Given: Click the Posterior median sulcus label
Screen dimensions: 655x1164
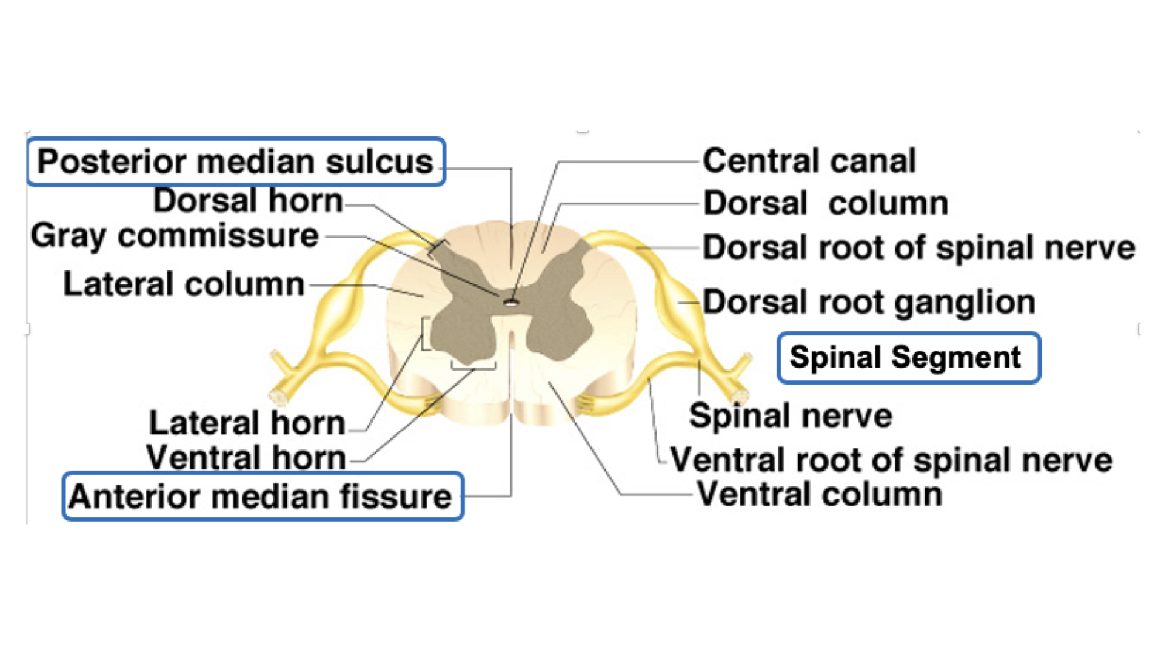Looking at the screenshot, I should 236,161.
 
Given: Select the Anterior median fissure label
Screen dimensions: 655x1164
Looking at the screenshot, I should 262,496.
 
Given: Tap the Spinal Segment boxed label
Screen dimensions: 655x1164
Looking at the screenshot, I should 908,357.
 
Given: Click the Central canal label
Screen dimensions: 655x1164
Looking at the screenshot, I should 809,161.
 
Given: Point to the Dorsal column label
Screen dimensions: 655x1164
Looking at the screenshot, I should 826,203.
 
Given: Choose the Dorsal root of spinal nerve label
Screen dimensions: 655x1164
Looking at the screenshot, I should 918,247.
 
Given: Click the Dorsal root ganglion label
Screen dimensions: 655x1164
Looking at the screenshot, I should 869,302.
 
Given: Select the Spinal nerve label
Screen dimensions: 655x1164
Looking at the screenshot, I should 791,416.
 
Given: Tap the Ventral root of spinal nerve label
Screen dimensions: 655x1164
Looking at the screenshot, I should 891,460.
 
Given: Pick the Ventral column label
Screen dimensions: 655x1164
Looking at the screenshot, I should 820,494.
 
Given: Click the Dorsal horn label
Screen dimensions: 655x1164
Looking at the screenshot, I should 247,200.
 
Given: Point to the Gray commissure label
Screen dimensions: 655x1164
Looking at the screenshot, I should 175,235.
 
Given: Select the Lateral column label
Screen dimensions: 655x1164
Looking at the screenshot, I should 184,284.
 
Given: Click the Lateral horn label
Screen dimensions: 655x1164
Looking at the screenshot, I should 247,423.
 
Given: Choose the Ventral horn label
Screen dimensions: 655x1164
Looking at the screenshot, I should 246,457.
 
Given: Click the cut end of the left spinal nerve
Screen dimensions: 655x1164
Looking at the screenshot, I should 279,397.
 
